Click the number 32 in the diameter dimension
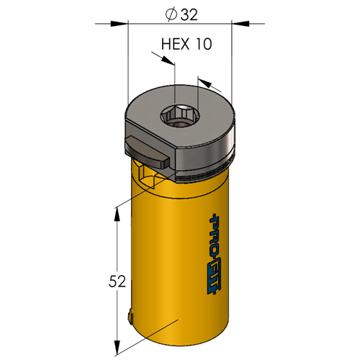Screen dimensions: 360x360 [x=189, y=14]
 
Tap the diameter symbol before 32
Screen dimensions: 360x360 [x=171, y=15]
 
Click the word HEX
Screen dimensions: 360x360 [x=175, y=44]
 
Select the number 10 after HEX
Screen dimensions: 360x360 [x=204, y=44]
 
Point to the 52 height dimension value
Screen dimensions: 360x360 [x=117, y=282]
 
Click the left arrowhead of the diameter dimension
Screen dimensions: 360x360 [x=120, y=24]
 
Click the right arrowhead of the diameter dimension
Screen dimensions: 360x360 [x=240, y=24]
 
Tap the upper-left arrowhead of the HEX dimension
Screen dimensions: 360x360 [x=168, y=60]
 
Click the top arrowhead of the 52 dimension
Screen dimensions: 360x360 [x=117, y=214]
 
